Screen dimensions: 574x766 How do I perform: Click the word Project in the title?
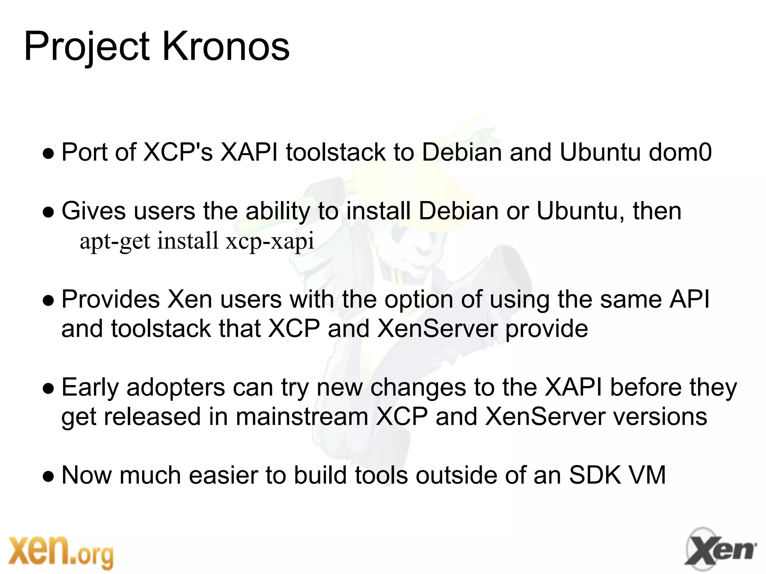(87, 47)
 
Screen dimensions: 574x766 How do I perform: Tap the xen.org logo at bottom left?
(61, 551)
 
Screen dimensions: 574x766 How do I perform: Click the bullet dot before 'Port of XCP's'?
(48, 154)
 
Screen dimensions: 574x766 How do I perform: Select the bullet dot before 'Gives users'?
(48, 213)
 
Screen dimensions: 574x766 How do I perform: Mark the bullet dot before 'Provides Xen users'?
(48, 301)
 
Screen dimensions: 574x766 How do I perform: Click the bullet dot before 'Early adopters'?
(48, 389)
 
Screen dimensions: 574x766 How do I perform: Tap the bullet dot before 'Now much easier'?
(48, 477)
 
